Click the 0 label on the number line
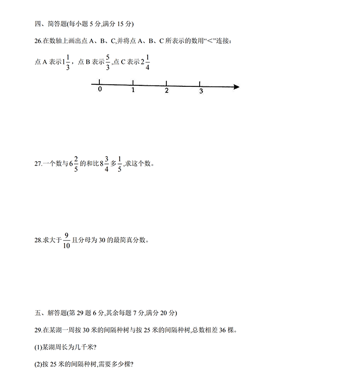100,90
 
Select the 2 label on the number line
166,91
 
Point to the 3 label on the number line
201,92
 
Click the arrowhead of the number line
236,87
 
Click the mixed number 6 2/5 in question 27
73,163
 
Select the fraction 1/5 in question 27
120,163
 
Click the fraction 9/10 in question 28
66,240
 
